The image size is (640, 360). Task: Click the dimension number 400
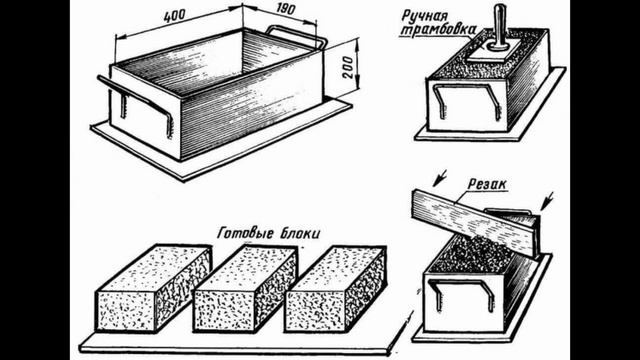pyautogui.click(x=174, y=16)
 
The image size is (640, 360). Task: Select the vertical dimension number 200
pyautogui.click(x=348, y=67)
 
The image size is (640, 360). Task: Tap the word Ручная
pyautogui.click(x=424, y=17)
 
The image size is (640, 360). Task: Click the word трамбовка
pyautogui.click(x=438, y=30)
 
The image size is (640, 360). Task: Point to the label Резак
pyautogui.click(x=487, y=185)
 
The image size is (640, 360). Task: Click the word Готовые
pyautogui.click(x=242, y=233)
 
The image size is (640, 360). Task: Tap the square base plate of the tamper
pyautogui.click(x=494, y=50)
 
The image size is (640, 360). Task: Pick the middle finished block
pyautogui.click(x=245, y=288)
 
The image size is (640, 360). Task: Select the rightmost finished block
pyautogui.click(x=336, y=289)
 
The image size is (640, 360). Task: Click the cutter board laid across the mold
pyautogui.click(x=474, y=223)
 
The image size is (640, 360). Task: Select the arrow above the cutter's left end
pyautogui.click(x=439, y=178)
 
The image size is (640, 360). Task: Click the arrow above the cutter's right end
pyautogui.click(x=547, y=201)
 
